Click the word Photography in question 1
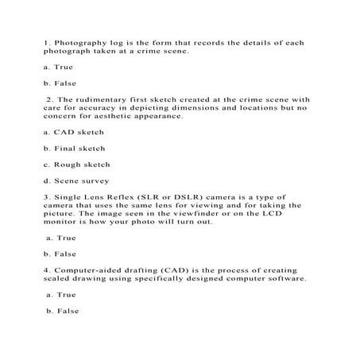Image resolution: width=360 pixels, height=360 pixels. pyautogui.click(x=76, y=43)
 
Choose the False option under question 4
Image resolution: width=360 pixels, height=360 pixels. pyautogui.click(x=64, y=311)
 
